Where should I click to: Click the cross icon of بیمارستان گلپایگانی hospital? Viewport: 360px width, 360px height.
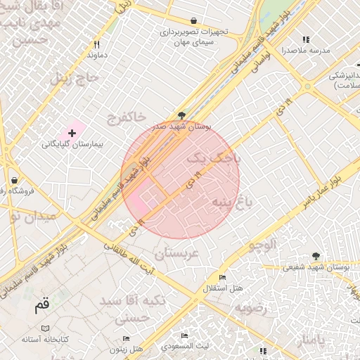coord(72,132)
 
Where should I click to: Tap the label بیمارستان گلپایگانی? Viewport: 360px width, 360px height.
coord(72,143)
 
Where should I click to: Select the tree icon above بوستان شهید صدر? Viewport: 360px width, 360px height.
coord(182,115)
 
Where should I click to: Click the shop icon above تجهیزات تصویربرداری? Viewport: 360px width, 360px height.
coord(194,21)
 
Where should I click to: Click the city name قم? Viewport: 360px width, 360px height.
coord(42,306)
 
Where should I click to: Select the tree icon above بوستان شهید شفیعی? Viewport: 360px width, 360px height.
coord(316,257)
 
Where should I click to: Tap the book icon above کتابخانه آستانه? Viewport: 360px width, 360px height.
coord(46,328)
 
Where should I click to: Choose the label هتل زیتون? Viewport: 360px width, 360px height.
coord(127,349)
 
